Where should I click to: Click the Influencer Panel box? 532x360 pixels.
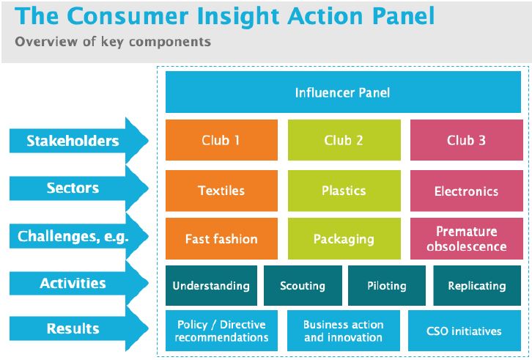pyautogui.click(x=343, y=92)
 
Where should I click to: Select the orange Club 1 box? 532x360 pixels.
pyautogui.click(x=221, y=140)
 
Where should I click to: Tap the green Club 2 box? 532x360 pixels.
pyautogui.click(x=344, y=140)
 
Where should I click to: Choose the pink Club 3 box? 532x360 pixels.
pyautogui.click(x=466, y=140)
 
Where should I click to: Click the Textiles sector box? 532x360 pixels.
pyautogui.click(x=221, y=191)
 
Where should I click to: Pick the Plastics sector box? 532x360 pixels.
pyautogui.click(x=344, y=191)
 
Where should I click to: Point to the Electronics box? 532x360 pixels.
pyautogui.click(x=466, y=191)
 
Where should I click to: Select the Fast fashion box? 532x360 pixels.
pyautogui.click(x=221, y=239)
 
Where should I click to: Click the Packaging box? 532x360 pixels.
pyautogui.click(x=344, y=239)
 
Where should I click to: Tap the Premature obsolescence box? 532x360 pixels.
pyautogui.click(x=466, y=239)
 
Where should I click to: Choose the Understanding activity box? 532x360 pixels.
pyautogui.click(x=210, y=286)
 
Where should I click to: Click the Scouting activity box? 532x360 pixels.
pyautogui.click(x=302, y=286)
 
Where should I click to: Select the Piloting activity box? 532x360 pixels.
pyautogui.click(x=386, y=286)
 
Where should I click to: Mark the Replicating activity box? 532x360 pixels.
pyautogui.click(x=476, y=286)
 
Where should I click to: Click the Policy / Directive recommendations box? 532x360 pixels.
pyautogui.click(x=221, y=331)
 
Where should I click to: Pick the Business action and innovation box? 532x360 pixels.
pyautogui.click(x=343, y=331)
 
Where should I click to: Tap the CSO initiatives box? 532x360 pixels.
pyautogui.click(x=465, y=331)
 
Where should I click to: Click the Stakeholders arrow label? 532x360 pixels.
pyautogui.click(x=73, y=141)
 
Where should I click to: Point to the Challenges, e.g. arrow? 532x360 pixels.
pyautogui.click(x=73, y=236)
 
